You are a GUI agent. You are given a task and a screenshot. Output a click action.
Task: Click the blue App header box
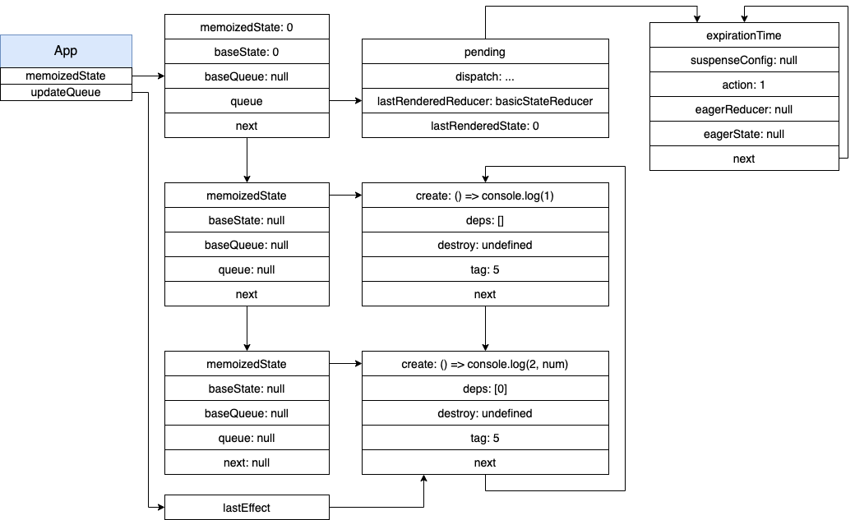coord(66,51)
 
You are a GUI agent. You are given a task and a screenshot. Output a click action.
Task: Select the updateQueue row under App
coord(66,92)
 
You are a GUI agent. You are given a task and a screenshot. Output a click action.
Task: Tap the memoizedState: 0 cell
coord(247,27)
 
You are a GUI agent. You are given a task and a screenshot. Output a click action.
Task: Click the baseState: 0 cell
coord(247,52)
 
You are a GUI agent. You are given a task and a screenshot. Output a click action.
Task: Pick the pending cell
coord(485,52)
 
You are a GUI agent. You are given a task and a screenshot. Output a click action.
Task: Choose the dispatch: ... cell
coord(485,76)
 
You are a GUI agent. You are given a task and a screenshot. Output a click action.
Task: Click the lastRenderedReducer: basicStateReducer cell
coord(485,101)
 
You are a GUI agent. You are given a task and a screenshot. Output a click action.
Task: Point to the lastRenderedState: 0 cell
coord(485,126)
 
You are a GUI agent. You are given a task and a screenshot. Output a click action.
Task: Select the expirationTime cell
coord(744,35)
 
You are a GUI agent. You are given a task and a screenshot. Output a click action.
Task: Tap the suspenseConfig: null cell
coord(744,60)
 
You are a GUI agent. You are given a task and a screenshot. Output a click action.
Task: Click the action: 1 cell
coord(744,85)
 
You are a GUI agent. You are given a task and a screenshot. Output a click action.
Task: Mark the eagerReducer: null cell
coord(744,109)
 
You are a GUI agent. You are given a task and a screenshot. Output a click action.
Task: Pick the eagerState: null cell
coord(744,134)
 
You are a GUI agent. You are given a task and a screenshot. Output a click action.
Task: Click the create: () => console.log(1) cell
coord(485,196)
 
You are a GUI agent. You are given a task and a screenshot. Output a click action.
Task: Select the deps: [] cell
coord(485,220)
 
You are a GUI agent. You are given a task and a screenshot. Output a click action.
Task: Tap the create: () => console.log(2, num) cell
coord(485,364)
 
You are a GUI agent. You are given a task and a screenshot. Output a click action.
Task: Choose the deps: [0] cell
coord(485,389)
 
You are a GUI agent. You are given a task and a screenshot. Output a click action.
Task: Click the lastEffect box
coord(247,508)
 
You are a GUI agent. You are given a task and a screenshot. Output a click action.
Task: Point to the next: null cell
coord(247,462)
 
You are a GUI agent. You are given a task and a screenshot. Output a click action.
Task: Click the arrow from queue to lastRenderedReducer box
coord(346,101)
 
